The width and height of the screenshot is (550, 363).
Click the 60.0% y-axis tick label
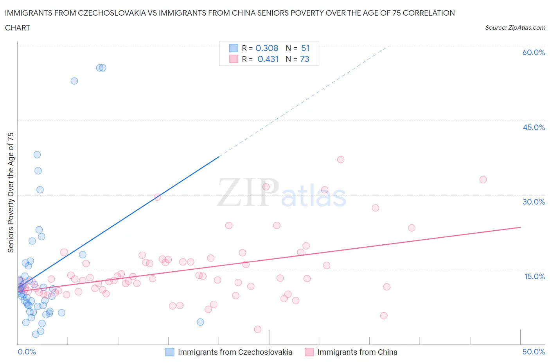coord(534,52)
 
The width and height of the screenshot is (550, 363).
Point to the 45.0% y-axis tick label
coord(534,127)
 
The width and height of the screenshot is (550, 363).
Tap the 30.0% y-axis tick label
coord(534,202)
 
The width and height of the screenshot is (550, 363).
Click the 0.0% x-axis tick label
coord(27,352)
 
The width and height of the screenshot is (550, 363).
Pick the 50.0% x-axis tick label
coord(534,352)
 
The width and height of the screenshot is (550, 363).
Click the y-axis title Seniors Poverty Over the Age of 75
coord(11,192)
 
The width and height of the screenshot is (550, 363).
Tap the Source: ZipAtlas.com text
coord(515,27)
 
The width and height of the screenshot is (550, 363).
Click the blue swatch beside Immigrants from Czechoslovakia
coord(170,352)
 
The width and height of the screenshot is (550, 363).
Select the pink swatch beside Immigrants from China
coord(309,352)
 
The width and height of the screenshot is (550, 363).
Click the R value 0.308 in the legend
coord(267,48)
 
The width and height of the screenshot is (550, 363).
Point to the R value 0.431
coord(268,59)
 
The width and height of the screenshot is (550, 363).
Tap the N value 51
coord(305,48)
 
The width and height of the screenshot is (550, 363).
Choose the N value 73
coord(304,59)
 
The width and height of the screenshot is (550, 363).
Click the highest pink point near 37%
coord(341,160)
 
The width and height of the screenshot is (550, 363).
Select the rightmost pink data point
coord(483,180)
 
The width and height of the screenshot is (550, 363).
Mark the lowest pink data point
coord(257,329)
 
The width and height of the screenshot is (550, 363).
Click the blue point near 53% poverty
coord(74,81)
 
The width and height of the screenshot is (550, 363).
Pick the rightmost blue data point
coord(200,322)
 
